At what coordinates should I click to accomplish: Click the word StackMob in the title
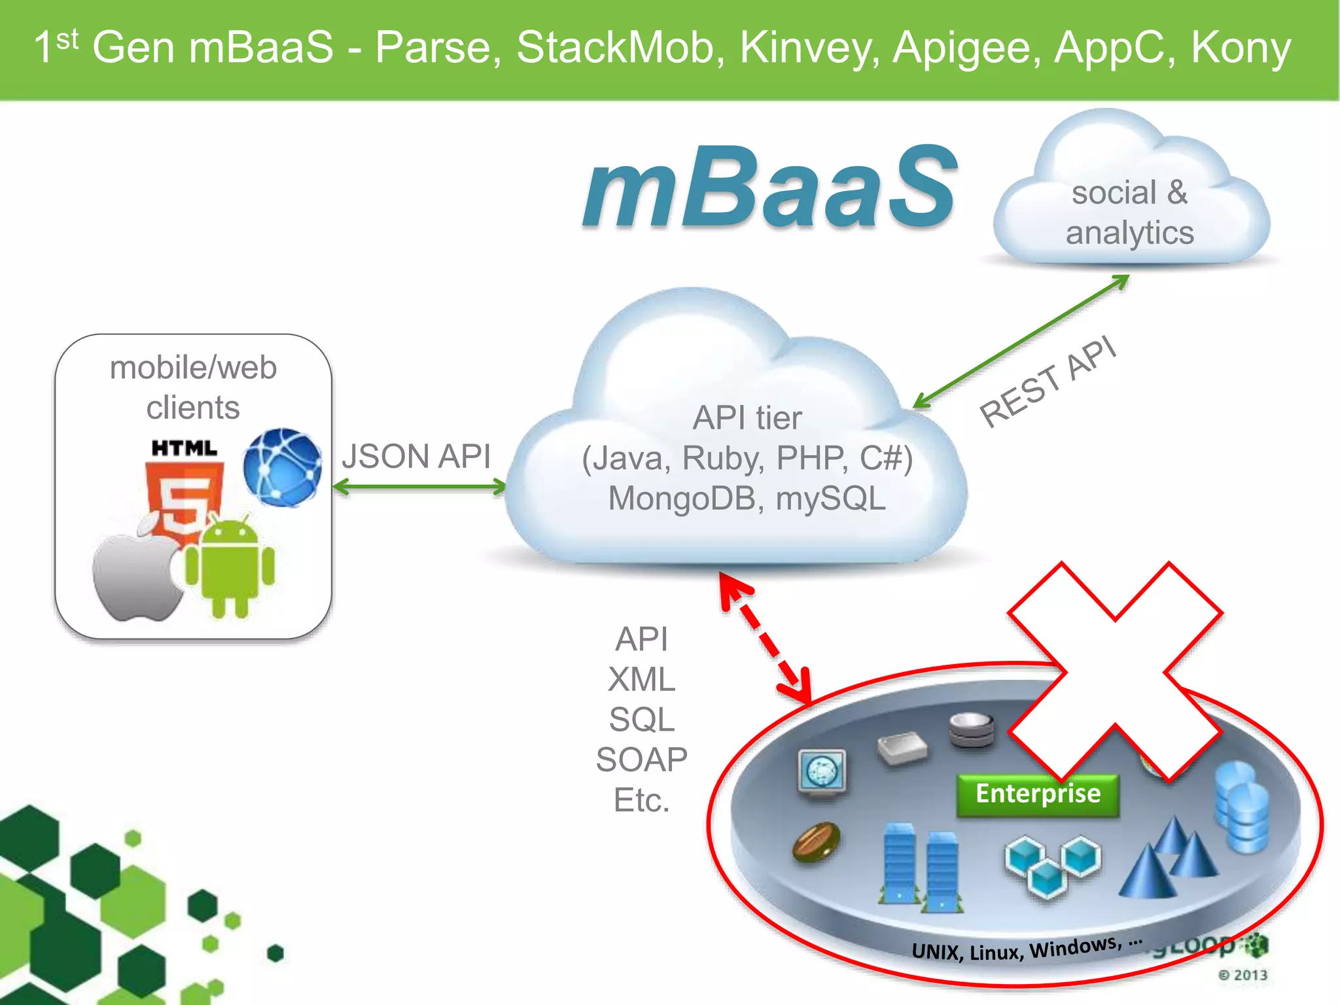[x=619, y=47]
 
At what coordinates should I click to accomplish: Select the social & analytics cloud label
[x=1130, y=213]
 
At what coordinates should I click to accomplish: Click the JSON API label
[x=416, y=456]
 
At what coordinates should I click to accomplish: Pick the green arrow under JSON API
[x=419, y=487]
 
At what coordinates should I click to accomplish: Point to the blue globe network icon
[x=283, y=467]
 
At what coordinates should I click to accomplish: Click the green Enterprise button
[x=1038, y=794]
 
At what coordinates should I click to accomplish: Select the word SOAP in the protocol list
[x=641, y=760]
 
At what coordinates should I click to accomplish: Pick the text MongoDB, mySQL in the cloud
[x=747, y=499]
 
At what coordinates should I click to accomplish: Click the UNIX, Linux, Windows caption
[x=1026, y=948]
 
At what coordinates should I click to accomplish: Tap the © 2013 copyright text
[x=1243, y=975]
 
